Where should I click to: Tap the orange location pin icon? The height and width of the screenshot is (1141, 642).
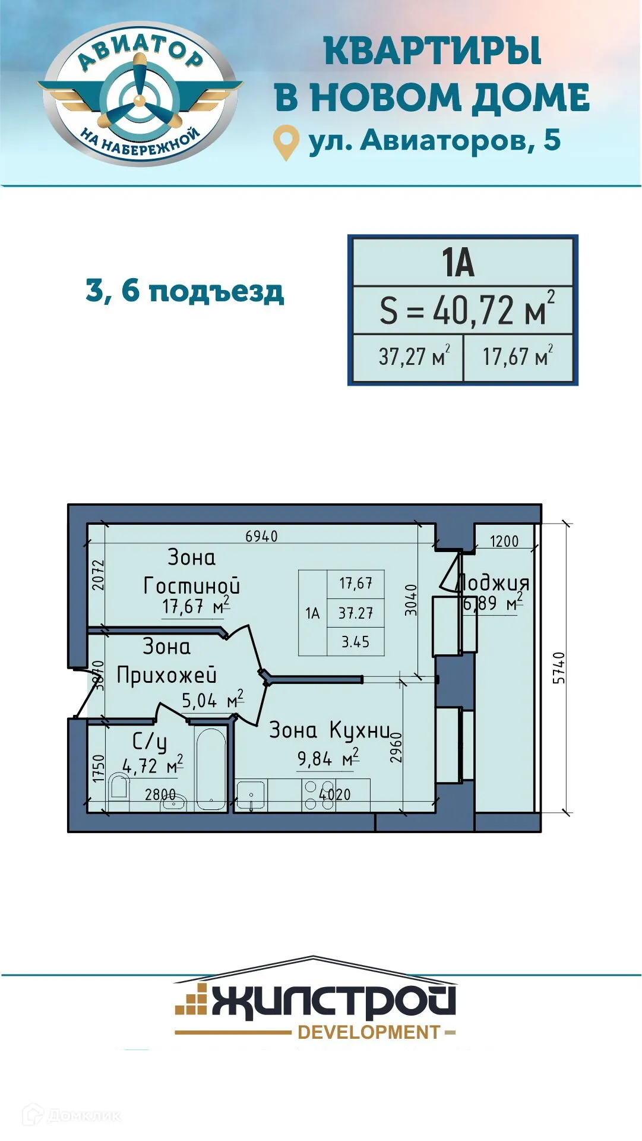pyautogui.click(x=285, y=141)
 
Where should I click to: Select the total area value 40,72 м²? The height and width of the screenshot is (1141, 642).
pyautogui.click(x=467, y=310)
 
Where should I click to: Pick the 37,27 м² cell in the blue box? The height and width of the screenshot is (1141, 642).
pyautogui.click(x=413, y=357)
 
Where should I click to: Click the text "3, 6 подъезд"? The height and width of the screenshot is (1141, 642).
pyautogui.click(x=185, y=291)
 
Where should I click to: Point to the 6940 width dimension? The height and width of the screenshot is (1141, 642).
pyautogui.click(x=261, y=536)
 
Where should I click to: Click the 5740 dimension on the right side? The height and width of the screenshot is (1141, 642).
pyautogui.click(x=559, y=667)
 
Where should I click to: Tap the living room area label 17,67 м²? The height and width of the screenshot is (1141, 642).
pyautogui.click(x=195, y=607)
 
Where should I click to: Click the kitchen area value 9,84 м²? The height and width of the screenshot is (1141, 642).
pyautogui.click(x=327, y=759)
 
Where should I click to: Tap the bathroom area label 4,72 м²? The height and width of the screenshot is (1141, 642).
pyautogui.click(x=152, y=766)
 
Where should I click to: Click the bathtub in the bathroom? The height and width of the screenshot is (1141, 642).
pyautogui.click(x=211, y=769)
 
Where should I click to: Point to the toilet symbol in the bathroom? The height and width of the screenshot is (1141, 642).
pyautogui.click(x=119, y=787)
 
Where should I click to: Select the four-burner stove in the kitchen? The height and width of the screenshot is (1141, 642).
pyautogui.click(x=310, y=795)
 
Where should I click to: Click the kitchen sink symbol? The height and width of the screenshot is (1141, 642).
pyautogui.click(x=251, y=795)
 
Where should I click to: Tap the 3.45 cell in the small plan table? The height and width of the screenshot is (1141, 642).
pyautogui.click(x=355, y=642)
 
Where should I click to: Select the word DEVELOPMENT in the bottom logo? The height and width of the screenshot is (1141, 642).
pyautogui.click(x=369, y=1032)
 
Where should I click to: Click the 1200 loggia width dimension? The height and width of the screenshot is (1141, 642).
pyautogui.click(x=504, y=541)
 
